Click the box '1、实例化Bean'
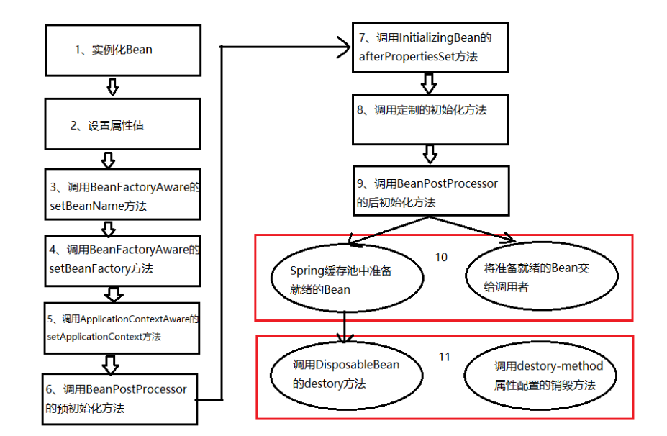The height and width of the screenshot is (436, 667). pos(123,50)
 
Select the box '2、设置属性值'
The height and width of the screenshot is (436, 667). pos(122,125)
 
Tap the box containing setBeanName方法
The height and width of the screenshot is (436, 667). pos(122,196)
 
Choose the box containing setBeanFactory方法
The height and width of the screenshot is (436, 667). pos(122,260)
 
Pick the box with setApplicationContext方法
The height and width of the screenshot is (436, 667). pos(122,327)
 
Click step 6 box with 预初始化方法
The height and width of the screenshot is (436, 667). pos(119,399)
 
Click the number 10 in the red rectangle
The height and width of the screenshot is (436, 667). pos(441,257)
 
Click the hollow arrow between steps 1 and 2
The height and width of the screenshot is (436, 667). pos(112,87)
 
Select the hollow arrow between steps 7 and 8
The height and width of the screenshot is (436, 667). pos(429,83)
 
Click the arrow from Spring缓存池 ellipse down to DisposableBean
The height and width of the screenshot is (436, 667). pos(346,327)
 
